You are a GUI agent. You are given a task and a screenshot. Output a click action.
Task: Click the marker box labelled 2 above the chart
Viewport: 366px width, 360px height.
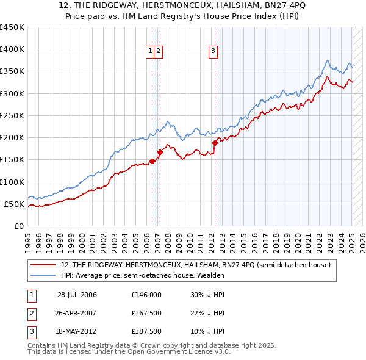pos(158,52)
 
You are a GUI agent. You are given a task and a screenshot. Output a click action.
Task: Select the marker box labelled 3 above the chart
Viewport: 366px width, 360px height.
pos(213,52)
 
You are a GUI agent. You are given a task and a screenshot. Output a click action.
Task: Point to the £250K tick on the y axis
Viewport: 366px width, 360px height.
pos(12,115)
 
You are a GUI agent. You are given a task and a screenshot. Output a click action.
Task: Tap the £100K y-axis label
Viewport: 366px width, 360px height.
pos(12,182)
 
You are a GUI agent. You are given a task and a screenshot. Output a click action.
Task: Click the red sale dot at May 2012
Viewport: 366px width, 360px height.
pos(215,143)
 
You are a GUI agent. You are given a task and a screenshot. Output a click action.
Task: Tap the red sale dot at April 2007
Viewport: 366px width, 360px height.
pos(160,152)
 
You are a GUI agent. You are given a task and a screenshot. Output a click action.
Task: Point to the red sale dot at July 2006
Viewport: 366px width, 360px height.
pos(152,161)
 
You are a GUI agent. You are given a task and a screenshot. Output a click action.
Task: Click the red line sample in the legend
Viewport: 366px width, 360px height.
pos(44,265)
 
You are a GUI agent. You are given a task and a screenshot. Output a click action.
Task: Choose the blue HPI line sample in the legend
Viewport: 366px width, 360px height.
pos(44,275)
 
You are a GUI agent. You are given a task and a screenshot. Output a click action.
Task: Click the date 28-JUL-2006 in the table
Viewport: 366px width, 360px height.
pos(77,294)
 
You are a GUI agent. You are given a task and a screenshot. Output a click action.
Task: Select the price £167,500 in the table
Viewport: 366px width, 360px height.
pos(146,313)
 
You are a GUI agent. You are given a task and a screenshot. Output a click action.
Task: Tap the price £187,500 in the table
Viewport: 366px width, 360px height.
pos(146,331)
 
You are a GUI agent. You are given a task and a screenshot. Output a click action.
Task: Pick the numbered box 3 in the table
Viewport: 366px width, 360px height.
pos(32,331)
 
